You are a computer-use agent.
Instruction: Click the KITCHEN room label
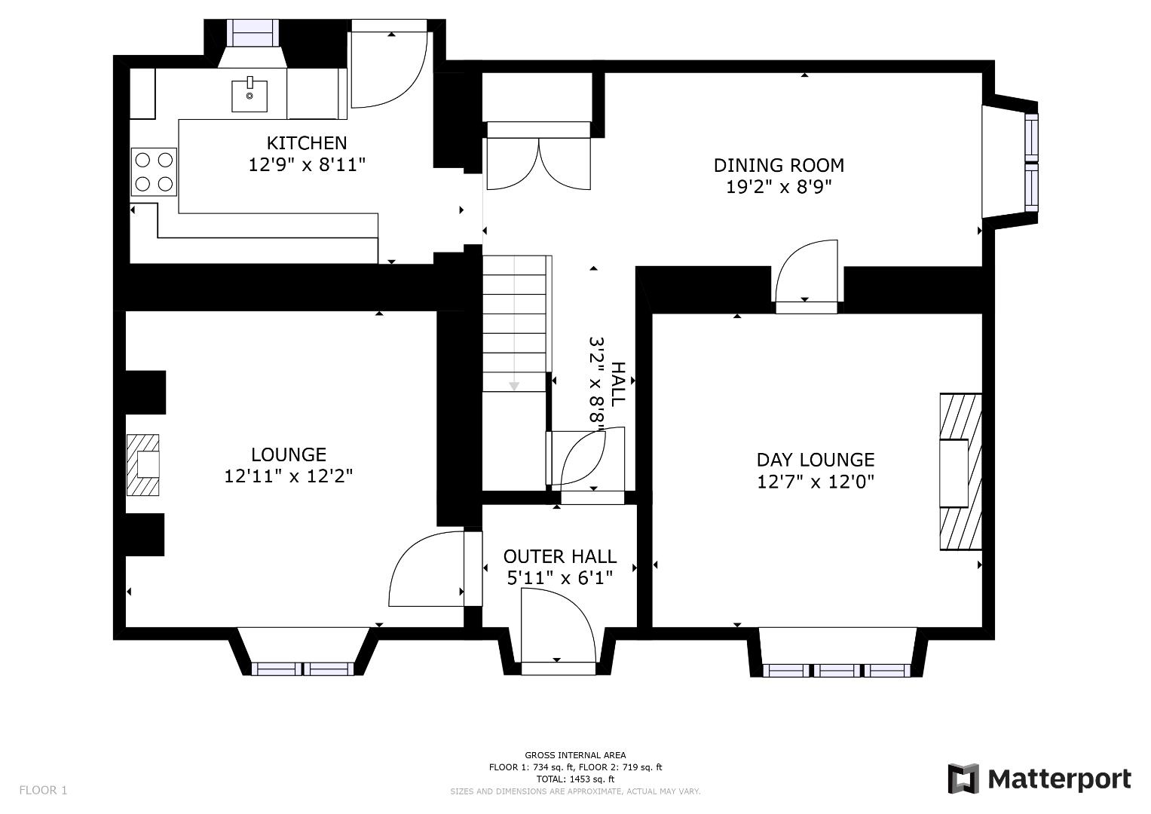(307, 142)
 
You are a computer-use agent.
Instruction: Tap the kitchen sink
(249, 94)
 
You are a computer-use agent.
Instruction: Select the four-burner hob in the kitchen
(154, 172)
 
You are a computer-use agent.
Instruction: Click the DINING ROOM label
(779, 165)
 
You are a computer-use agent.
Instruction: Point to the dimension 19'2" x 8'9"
(779, 187)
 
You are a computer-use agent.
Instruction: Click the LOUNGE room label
(289, 454)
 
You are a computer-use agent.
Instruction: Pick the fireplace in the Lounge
(143, 464)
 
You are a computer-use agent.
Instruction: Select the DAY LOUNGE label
(816, 460)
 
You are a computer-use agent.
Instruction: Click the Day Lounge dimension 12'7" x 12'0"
(816, 482)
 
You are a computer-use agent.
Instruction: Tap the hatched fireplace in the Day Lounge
(960, 472)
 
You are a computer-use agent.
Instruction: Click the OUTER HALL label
(560, 556)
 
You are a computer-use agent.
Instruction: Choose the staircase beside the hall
(514, 324)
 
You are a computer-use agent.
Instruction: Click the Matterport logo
(1039, 779)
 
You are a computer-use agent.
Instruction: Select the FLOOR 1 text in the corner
(43, 790)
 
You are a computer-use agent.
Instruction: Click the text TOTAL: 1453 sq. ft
(575, 779)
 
